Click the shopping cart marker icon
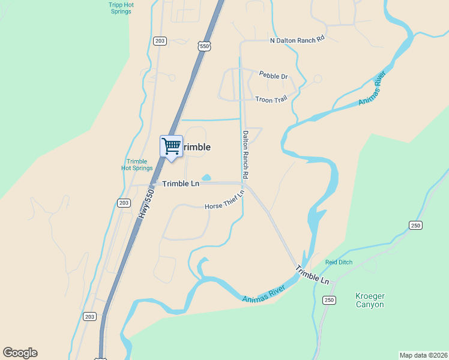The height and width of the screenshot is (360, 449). pyautogui.click(x=172, y=146)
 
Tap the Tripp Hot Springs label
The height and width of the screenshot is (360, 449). pyautogui.click(x=121, y=8)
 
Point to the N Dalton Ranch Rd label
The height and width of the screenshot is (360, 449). pyautogui.click(x=297, y=40)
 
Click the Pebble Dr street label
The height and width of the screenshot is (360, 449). pyautogui.click(x=273, y=76)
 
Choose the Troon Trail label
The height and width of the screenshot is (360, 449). pyautogui.click(x=271, y=100)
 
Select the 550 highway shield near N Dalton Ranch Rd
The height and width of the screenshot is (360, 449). pyautogui.click(x=205, y=46)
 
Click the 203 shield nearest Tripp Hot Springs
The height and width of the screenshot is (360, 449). pyautogui.click(x=159, y=41)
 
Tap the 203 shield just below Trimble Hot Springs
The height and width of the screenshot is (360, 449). pyautogui.click(x=124, y=203)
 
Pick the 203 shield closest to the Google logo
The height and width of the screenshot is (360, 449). pyautogui.click(x=90, y=316)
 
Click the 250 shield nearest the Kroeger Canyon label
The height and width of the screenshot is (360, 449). pyautogui.click(x=328, y=300)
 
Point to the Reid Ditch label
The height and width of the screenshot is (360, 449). pyautogui.click(x=339, y=262)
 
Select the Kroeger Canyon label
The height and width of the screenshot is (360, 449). pyautogui.click(x=370, y=301)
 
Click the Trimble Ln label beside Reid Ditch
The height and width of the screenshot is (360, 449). pyautogui.click(x=312, y=276)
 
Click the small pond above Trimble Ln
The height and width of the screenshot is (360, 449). pyautogui.click(x=206, y=178)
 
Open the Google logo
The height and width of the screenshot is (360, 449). pyautogui.click(x=20, y=353)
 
